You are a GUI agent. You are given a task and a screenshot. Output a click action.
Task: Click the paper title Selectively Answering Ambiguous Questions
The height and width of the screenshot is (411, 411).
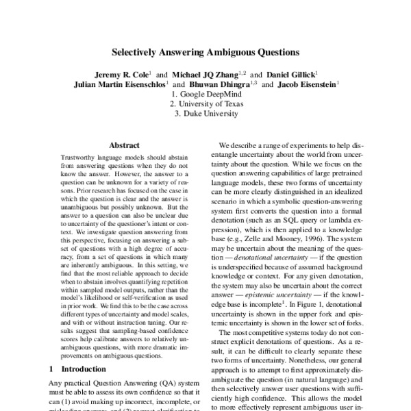(x=205, y=51)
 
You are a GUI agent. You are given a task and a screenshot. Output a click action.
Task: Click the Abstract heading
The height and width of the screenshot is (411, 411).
(x=124, y=145)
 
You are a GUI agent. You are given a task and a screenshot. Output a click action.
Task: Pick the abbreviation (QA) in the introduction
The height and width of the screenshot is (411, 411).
(x=152, y=382)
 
